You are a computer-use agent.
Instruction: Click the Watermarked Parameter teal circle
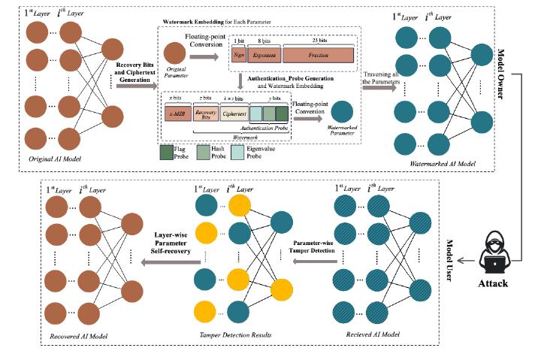[343, 114]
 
